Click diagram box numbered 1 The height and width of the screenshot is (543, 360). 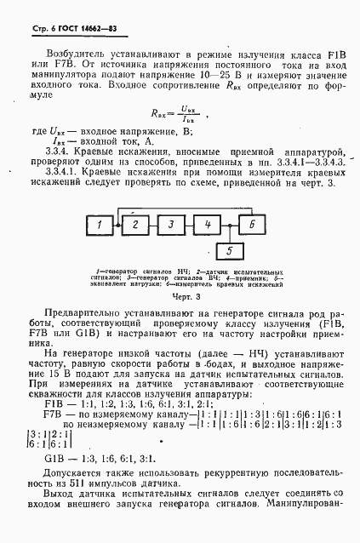pyautogui.click(x=100, y=224)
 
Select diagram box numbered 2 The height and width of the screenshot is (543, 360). pyautogui.click(x=135, y=224)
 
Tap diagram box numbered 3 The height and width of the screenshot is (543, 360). pyautogui.click(x=170, y=224)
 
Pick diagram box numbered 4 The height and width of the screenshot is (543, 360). pyautogui.click(x=206, y=224)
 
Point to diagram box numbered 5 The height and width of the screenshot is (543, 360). pyautogui.click(x=229, y=250)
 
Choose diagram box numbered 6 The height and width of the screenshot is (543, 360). pyautogui.click(x=252, y=224)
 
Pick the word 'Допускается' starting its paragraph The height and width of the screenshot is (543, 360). pyautogui.click(x=73, y=470)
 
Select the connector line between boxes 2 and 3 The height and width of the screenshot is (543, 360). pyautogui.click(x=153, y=224)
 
